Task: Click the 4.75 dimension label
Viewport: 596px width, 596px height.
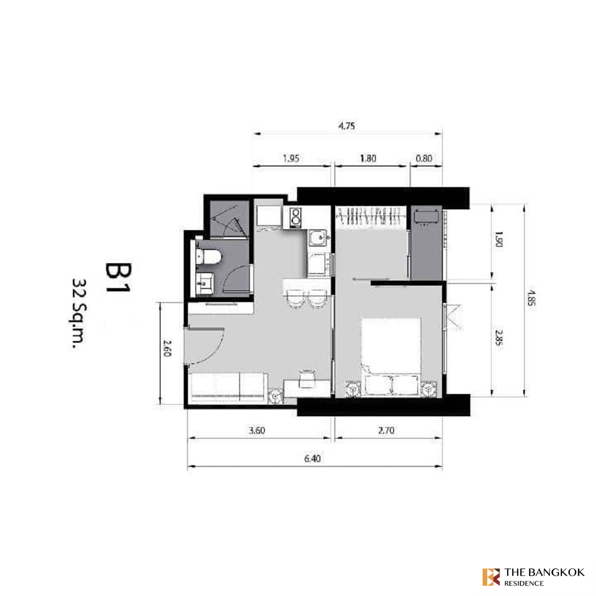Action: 347,126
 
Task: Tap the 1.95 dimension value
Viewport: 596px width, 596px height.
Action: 291,158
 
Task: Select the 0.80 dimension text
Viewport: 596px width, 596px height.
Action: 424,158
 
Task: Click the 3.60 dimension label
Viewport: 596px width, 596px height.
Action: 257,431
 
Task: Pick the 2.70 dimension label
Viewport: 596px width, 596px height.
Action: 386,430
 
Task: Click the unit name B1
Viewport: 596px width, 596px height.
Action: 119,278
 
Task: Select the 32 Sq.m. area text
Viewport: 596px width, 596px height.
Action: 79,314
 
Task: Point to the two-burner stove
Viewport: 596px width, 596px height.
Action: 296,218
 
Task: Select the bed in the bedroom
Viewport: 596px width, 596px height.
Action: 391,357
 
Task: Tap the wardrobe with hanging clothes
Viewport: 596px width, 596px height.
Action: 371,217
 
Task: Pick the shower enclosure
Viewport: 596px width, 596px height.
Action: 229,219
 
